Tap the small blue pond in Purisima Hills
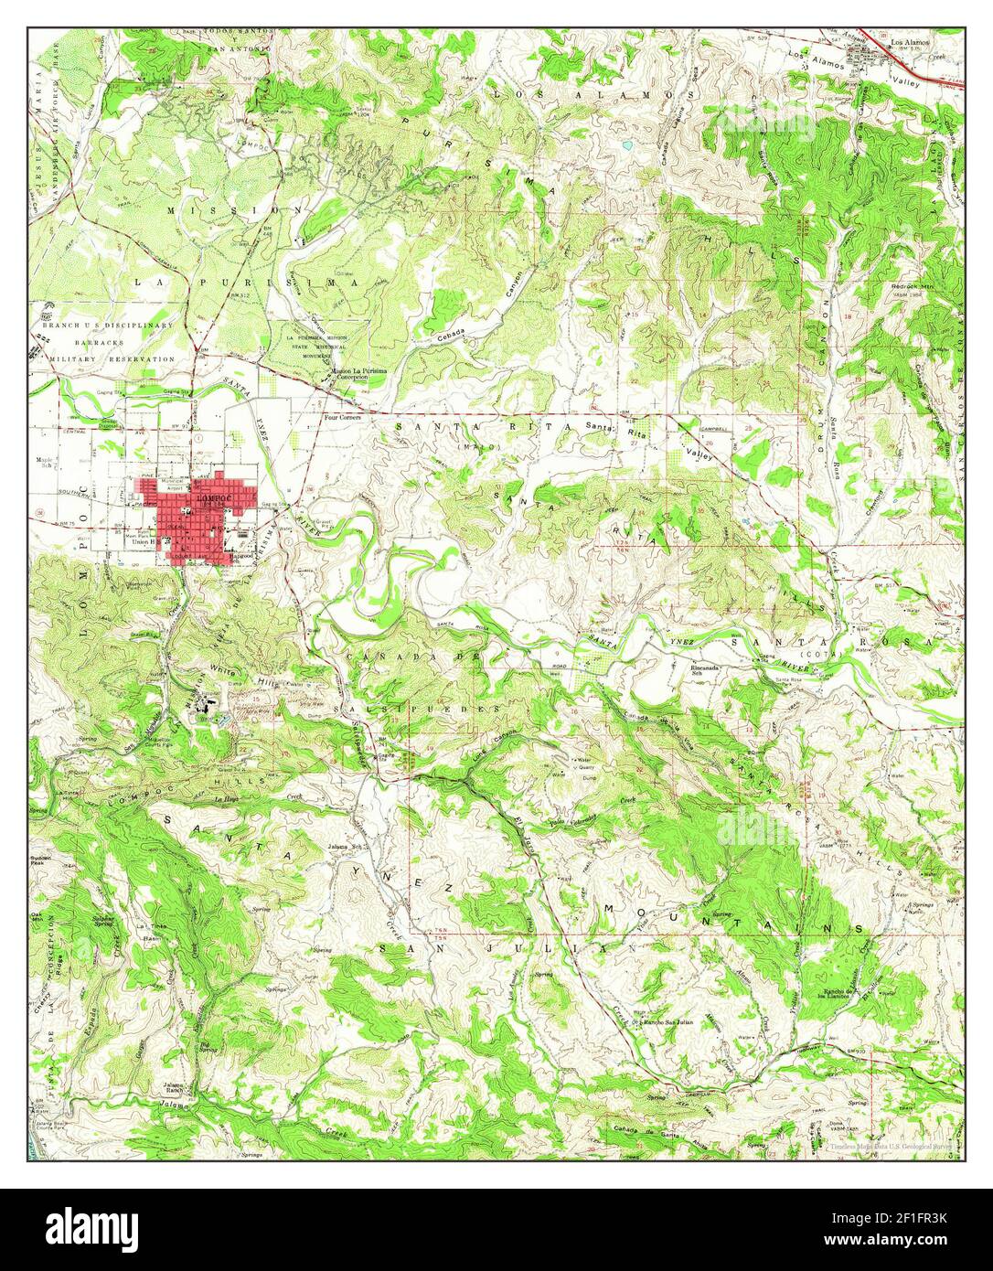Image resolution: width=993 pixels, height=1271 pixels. click(626, 145)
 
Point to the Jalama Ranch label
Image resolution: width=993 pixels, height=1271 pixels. click(176, 1087)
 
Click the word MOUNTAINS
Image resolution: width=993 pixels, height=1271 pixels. click(731, 918)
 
